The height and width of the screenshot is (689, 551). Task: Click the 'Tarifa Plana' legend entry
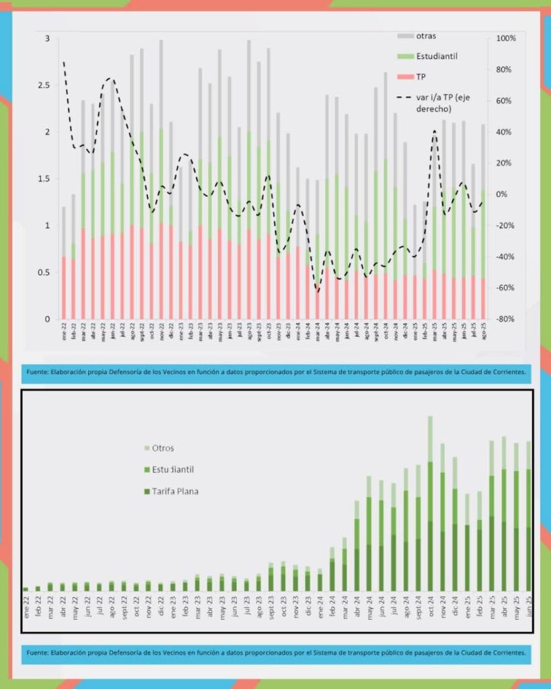(x=174, y=491)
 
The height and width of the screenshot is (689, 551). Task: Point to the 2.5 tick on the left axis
(x=44, y=85)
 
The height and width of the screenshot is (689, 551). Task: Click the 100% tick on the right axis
(x=505, y=38)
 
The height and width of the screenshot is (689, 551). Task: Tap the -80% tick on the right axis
(x=505, y=319)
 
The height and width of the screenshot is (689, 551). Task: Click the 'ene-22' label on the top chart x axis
(x=65, y=333)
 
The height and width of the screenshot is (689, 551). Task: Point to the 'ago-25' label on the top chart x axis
(x=484, y=333)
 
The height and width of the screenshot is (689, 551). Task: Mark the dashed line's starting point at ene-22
(x=64, y=63)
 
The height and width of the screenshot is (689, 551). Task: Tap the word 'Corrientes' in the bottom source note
(x=505, y=652)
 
